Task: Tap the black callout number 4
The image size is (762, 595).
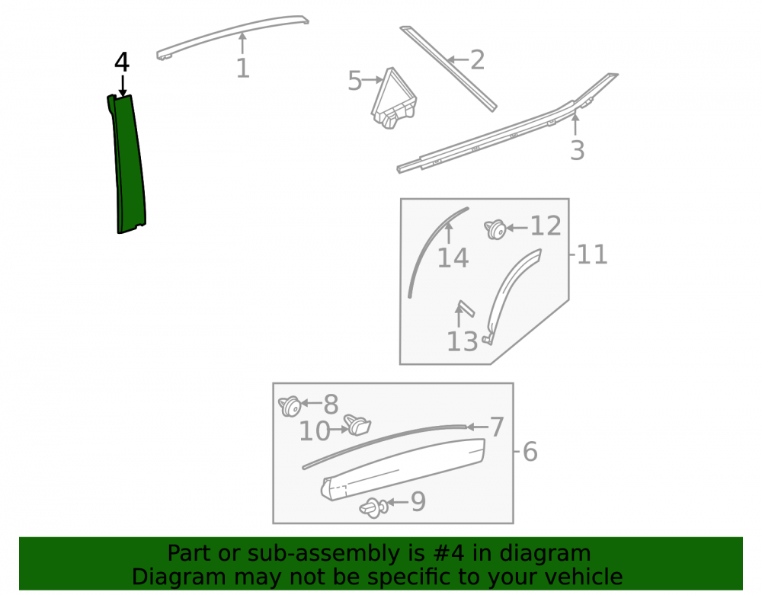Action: click(122, 62)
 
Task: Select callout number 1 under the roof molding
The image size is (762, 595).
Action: click(243, 68)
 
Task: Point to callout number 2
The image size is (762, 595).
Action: click(477, 59)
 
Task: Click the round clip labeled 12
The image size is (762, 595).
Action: click(495, 229)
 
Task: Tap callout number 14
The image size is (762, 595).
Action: click(453, 258)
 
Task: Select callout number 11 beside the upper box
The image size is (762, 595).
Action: click(592, 254)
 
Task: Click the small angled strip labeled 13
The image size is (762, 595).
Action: click(466, 309)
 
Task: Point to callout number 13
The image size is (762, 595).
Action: click(463, 341)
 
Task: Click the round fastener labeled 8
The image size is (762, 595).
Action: click(290, 406)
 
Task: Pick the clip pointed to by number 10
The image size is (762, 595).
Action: click(357, 425)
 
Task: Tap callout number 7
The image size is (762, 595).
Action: click(497, 427)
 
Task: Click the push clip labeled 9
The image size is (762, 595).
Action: click(373, 508)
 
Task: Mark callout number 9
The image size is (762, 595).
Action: click(418, 501)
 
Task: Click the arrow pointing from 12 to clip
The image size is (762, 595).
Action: click(517, 227)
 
